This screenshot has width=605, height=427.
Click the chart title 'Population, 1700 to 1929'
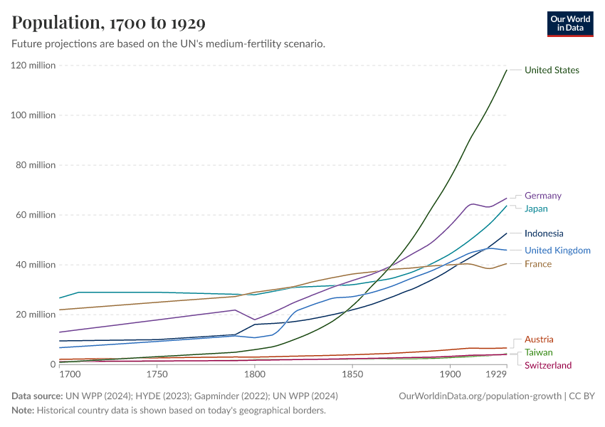click(x=109, y=23)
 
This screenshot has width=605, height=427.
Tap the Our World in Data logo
click(x=570, y=23)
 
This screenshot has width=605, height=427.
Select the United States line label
click(x=552, y=70)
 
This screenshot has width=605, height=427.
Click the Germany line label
click(x=542, y=196)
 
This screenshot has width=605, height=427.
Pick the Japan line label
click(x=536, y=209)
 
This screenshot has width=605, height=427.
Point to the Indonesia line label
click(x=544, y=233)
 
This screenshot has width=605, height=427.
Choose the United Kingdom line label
click(x=557, y=251)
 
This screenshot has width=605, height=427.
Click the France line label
click(x=537, y=264)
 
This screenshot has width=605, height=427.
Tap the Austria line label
click(x=538, y=339)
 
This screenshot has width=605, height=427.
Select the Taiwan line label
click(x=538, y=352)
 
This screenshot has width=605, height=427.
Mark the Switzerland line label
click(x=547, y=365)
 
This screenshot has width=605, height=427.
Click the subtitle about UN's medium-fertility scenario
click(x=169, y=43)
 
